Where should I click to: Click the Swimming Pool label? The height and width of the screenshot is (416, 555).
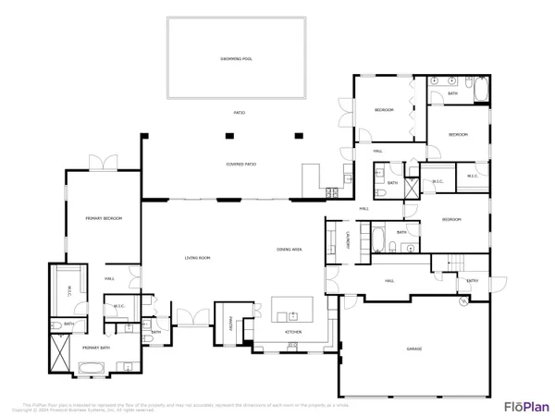pyautogui.click(x=236, y=58)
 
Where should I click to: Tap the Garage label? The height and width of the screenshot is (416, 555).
pyautogui.click(x=413, y=349)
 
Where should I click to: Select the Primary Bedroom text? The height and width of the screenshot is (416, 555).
pyautogui.click(x=105, y=218)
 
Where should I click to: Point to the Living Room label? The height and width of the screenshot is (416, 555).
pyautogui.click(x=198, y=258)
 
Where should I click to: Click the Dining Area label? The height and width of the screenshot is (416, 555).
pyautogui.click(x=290, y=250)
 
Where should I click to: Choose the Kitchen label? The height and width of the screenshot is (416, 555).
pyautogui.click(x=293, y=331)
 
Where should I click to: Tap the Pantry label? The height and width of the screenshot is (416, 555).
pyautogui.click(x=230, y=323)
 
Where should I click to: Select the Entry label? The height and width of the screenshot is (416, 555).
pyautogui.click(x=473, y=280)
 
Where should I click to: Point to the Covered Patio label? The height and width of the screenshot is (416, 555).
pyautogui.click(x=240, y=165)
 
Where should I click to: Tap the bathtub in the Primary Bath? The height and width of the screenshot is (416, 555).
pyautogui.click(x=92, y=368)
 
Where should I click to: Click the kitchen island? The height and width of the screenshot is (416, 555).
pyautogui.click(x=291, y=308)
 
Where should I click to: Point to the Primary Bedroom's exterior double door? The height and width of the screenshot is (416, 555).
pyautogui.click(x=102, y=164)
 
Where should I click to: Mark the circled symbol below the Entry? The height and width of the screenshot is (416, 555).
pyautogui.click(x=462, y=301)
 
